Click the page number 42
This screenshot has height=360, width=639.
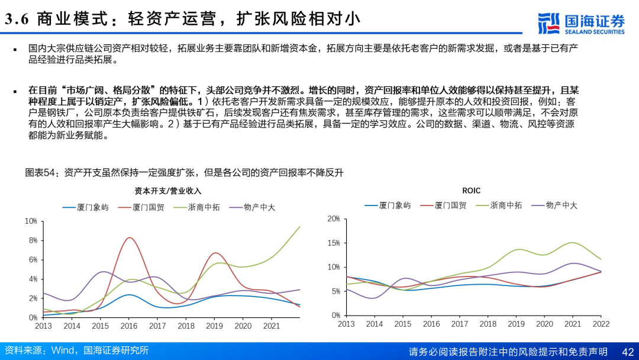point(628,352)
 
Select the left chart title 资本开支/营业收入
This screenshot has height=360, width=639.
point(167,191)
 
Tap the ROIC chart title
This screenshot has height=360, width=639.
point(471,191)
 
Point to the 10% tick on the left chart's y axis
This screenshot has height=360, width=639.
point(31,221)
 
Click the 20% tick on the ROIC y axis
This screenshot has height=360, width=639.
point(334,219)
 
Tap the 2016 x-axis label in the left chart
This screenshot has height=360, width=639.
point(129,326)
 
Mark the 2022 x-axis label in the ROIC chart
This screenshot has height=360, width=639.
point(601,324)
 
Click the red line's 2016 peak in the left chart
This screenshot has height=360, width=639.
point(130,237)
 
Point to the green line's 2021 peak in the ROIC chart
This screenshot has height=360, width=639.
point(572,243)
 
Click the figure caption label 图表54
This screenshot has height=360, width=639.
point(40,173)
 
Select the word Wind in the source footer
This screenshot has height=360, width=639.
point(63,351)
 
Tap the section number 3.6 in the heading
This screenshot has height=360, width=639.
point(18,20)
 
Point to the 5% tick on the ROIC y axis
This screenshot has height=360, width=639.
point(335,291)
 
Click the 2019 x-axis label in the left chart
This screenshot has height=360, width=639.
point(215,326)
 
